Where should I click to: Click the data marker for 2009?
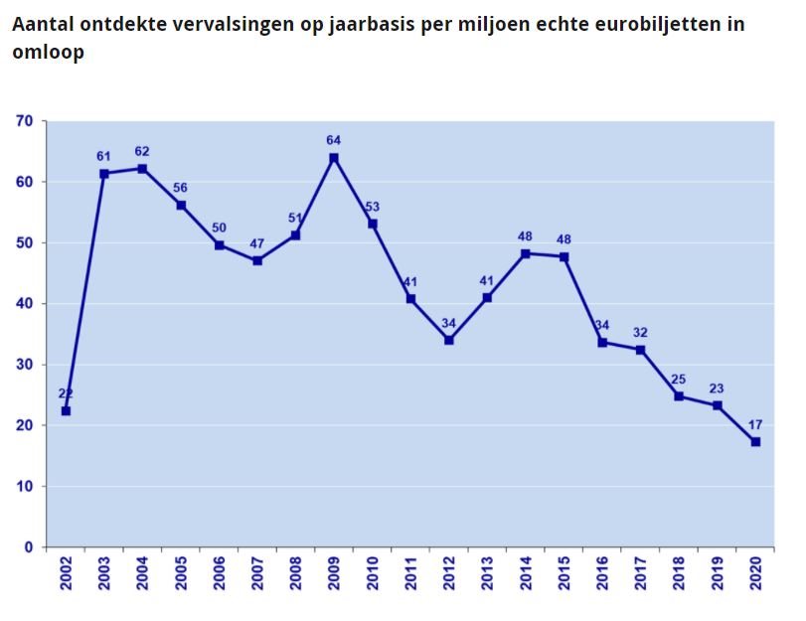334,158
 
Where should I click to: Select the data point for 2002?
66,410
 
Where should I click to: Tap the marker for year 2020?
755,441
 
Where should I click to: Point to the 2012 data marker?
449,340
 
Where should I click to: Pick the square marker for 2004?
142,169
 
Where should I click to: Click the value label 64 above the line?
334,140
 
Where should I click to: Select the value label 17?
755,423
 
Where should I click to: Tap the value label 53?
373,207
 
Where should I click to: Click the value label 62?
142,151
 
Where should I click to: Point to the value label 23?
718,388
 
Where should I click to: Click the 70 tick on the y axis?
25,121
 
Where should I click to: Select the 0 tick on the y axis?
30,547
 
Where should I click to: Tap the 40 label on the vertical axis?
25,304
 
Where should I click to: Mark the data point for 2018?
679,396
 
